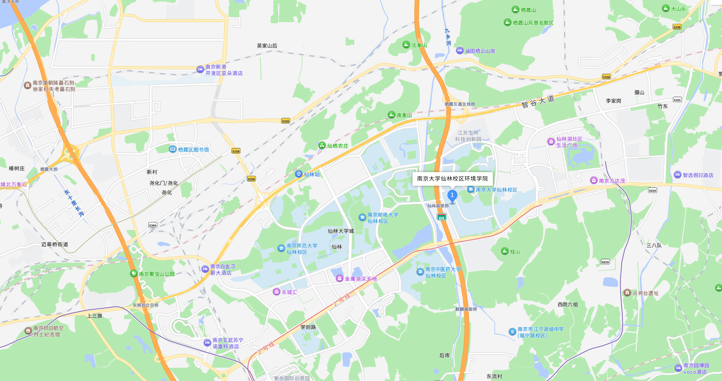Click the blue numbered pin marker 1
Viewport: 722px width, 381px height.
point(452,196)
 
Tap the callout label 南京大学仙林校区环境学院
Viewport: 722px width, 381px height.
point(452,179)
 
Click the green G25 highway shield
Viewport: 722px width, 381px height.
point(441,217)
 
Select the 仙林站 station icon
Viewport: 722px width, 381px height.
point(299,174)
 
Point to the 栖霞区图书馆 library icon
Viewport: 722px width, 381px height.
point(173,149)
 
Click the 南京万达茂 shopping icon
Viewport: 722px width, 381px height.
point(593,180)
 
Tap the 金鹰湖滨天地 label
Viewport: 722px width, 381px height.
point(361,279)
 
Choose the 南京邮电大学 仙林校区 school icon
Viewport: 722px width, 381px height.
point(362,217)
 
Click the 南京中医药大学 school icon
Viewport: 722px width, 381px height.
point(420,272)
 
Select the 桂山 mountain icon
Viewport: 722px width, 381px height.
point(505,251)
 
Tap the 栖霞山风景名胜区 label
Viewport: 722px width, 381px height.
point(533,23)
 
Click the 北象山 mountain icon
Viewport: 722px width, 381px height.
point(406,45)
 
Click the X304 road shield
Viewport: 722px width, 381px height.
point(153,225)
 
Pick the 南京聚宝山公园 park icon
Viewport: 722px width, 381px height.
point(133,273)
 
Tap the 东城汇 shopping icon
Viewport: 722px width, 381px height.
point(276,292)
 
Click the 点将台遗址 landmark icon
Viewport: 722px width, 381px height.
point(627,293)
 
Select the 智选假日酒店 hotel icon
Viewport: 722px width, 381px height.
point(677,175)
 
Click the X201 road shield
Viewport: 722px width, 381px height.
point(677,100)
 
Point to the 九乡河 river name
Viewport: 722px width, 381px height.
point(448,37)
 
